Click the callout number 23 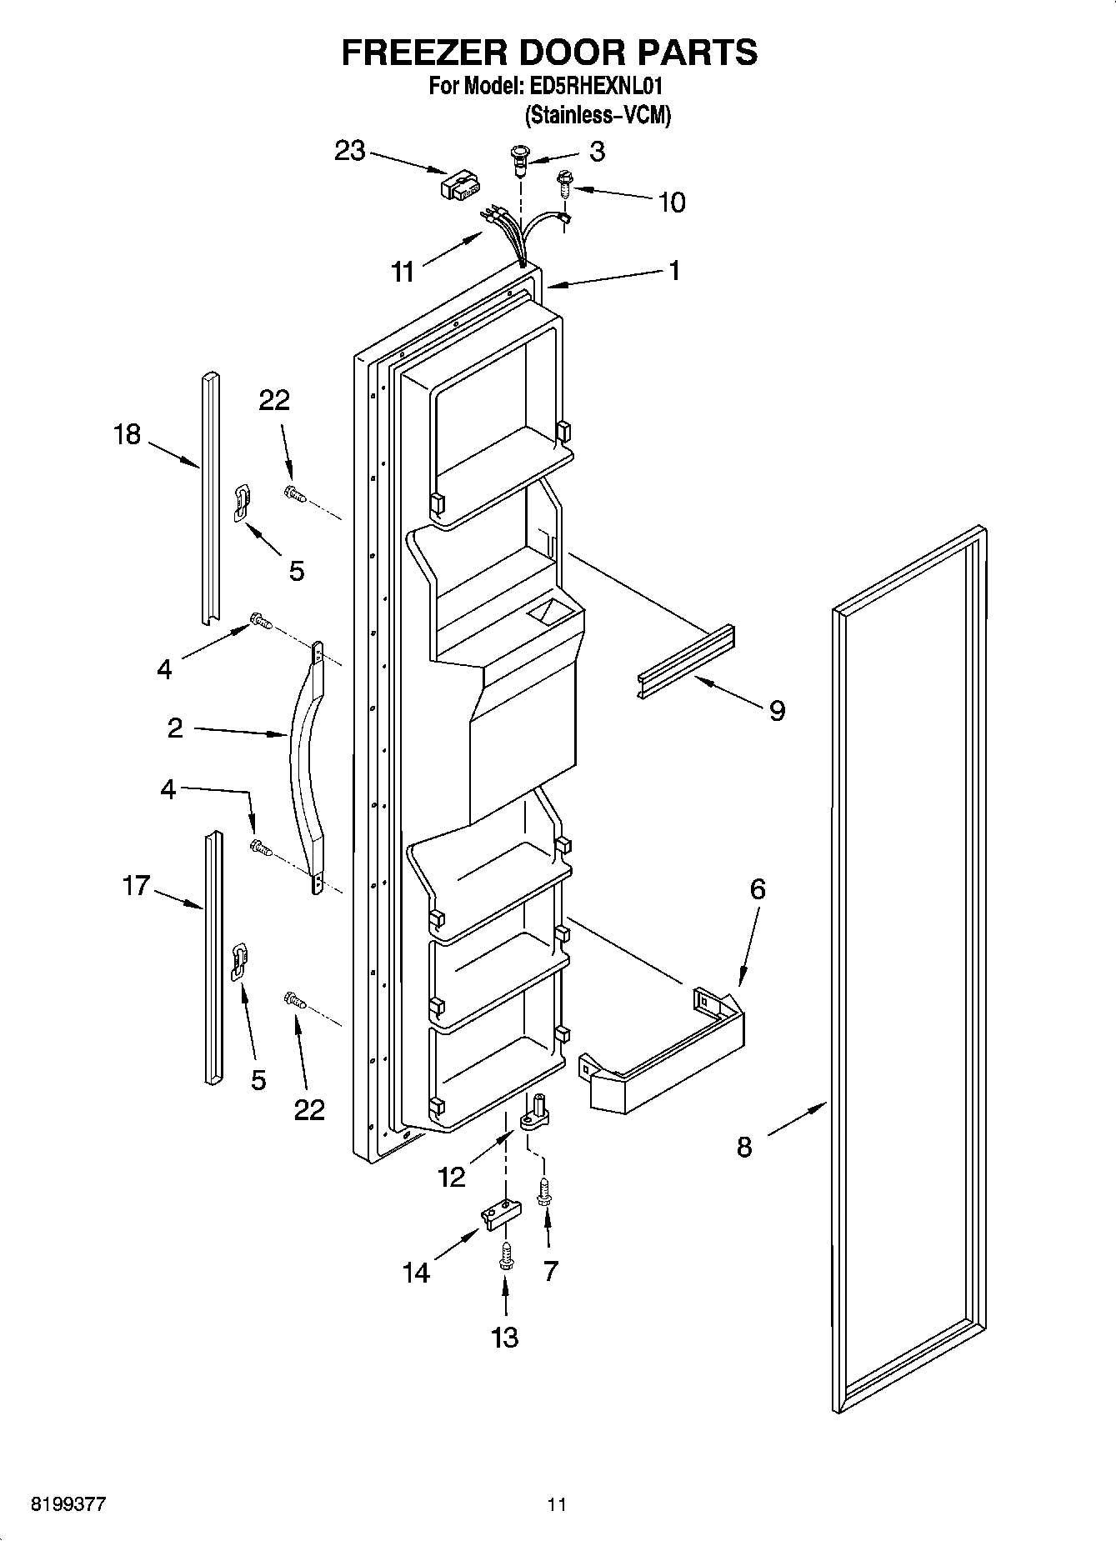pos(350,152)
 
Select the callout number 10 pos(671,202)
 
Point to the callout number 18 pos(128,434)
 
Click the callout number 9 pos(777,711)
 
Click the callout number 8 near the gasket pos(744,1147)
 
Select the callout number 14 pos(416,1273)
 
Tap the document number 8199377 pos(68,1504)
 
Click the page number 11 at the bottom pos(557,1504)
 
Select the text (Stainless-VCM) pos(597,115)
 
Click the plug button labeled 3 pos(519,158)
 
